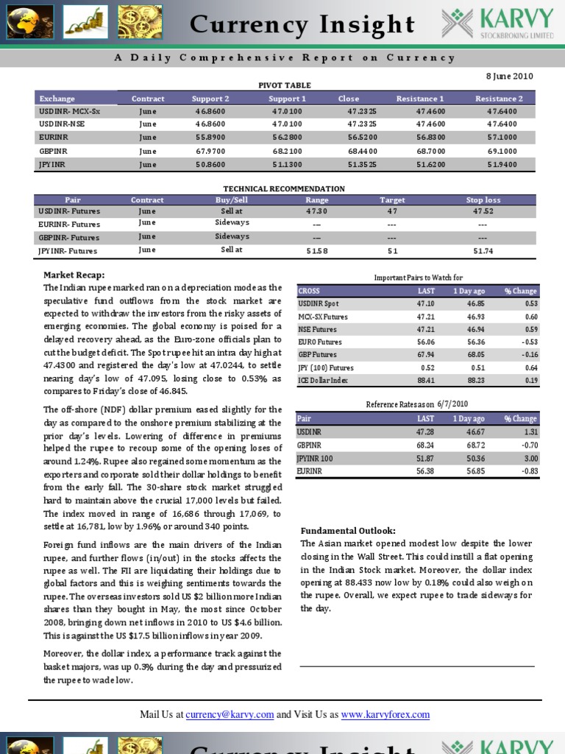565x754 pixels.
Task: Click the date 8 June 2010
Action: click(x=508, y=76)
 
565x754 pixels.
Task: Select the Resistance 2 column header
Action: click(x=499, y=98)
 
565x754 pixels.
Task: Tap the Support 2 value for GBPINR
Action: click(x=210, y=150)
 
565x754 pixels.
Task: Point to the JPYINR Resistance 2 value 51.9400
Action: click(x=499, y=164)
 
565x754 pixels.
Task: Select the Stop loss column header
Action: click(x=483, y=200)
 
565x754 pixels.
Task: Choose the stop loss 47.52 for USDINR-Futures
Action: click(x=483, y=211)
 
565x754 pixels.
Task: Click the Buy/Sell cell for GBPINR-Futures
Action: click(x=232, y=236)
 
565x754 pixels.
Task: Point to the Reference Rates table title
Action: click(x=416, y=404)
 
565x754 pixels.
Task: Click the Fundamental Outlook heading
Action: click(x=348, y=531)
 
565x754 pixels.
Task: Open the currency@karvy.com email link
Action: click(x=230, y=714)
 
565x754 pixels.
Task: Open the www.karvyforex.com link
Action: click(x=385, y=714)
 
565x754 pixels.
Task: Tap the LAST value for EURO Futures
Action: click(x=425, y=342)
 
